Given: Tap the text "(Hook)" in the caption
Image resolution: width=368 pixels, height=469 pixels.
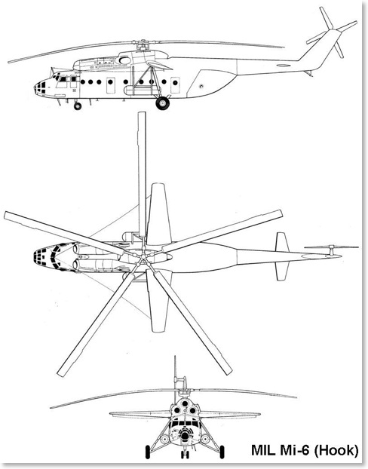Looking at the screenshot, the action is coord(336,451).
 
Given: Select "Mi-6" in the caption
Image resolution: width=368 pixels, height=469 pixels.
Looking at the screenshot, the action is coord(293,451).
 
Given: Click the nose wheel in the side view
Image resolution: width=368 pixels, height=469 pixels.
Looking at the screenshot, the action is coord(78,106).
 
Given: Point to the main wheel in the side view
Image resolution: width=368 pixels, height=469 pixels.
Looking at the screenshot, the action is coord(162,103).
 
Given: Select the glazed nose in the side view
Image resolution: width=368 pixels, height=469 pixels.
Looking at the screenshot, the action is coord(40,87).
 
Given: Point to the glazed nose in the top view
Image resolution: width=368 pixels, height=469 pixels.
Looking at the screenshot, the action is coord(45,257).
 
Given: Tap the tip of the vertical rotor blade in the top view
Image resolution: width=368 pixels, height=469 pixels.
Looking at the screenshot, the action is coord(142,112).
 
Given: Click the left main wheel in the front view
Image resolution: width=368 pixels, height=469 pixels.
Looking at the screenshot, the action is coord(148,452).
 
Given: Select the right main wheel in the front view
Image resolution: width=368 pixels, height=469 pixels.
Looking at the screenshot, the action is coord(222,452).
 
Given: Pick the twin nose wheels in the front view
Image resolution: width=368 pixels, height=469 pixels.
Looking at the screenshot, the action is coord(185,454).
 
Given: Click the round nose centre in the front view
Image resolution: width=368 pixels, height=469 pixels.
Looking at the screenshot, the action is coord(185,435).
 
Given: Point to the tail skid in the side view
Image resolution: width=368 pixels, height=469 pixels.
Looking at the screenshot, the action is coord(308,73).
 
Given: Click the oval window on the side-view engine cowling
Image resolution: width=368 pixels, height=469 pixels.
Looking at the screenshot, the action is coord(124,60).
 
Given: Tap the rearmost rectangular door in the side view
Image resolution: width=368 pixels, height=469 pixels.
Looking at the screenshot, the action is coord(175,85).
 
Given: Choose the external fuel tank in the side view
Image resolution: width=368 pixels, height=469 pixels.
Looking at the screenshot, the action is coord(140,90).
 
